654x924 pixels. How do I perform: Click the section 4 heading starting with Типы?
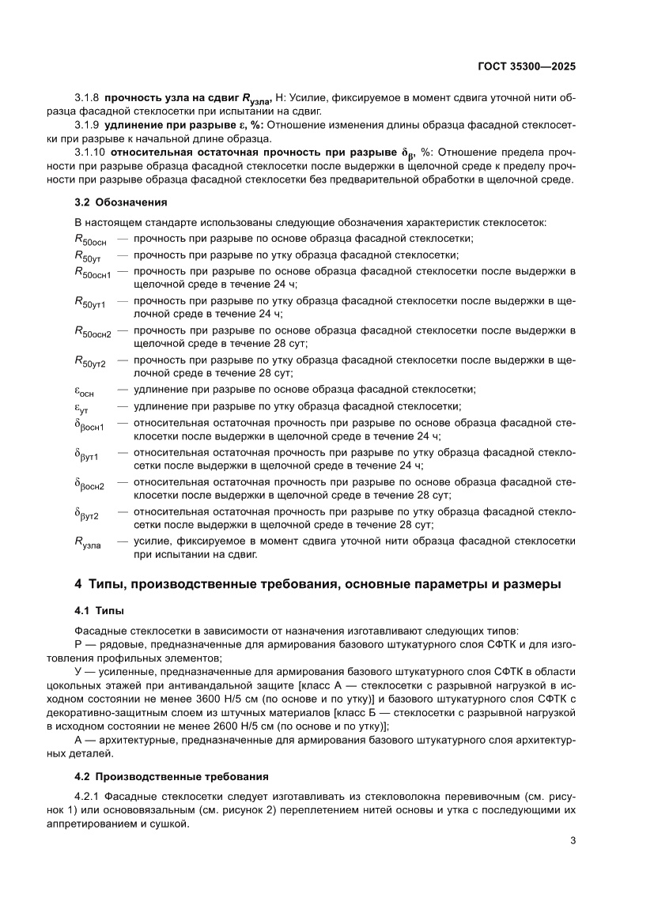[317, 585]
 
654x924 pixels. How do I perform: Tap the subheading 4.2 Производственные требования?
[171, 775]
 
